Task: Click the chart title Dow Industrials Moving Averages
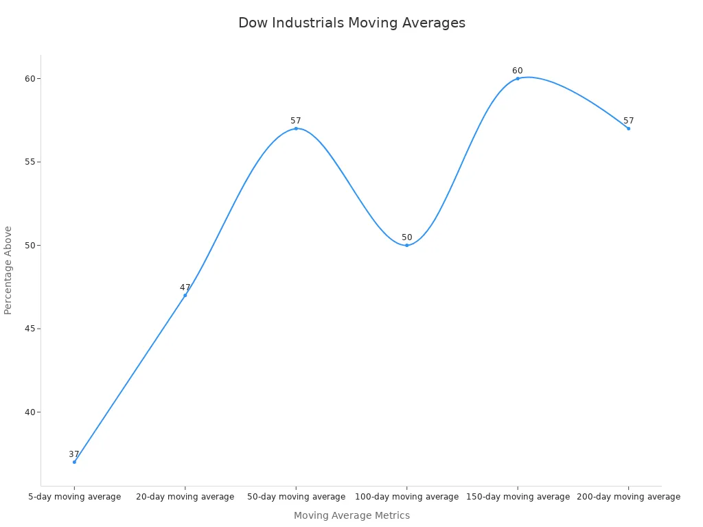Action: tap(351, 23)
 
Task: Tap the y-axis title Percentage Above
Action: tap(8, 270)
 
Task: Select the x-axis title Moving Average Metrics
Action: tap(351, 515)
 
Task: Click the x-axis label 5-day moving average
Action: tap(74, 497)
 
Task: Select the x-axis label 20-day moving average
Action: tap(185, 497)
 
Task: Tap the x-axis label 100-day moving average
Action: tap(406, 497)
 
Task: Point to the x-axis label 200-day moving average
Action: tap(628, 497)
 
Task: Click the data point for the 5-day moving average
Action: tap(74, 462)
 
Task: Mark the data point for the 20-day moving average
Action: tap(185, 295)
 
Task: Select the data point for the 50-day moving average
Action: tap(296, 128)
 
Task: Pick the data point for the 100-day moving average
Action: tap(406, 245)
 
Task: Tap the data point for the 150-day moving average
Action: tap(518, 78)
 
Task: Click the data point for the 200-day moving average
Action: tap(628, 128)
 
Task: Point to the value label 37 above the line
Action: tap(74, 454)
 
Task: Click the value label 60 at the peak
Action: tap(518, 71)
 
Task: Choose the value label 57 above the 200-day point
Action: tap(628, 121)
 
